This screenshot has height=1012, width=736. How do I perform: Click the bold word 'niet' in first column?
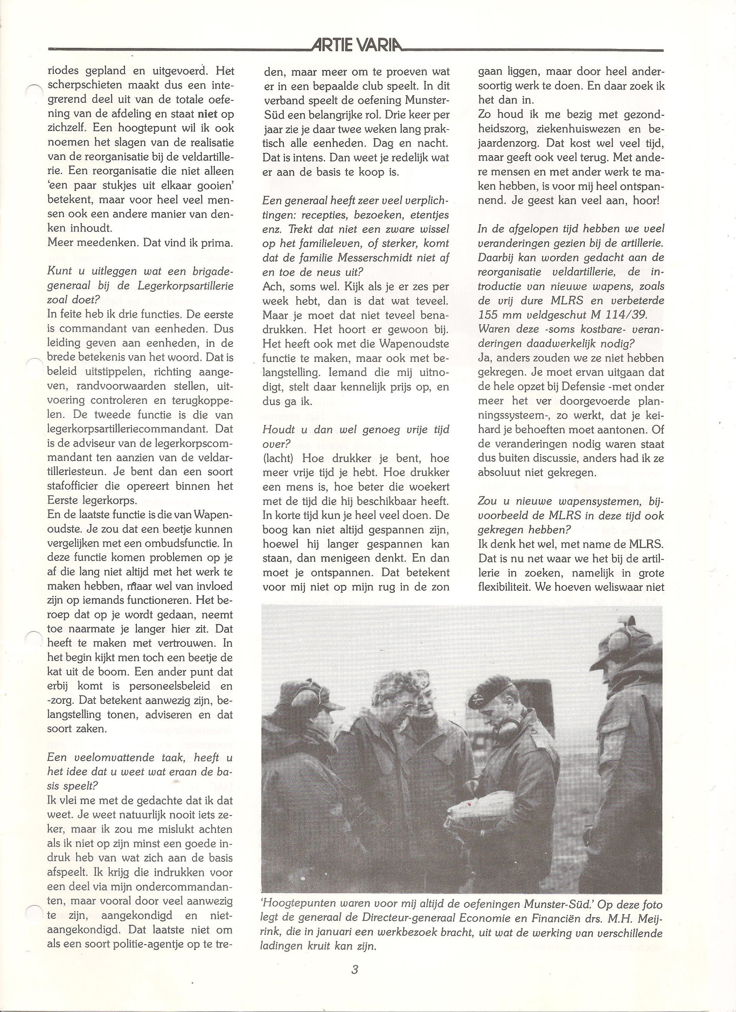[x=207, y=114]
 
